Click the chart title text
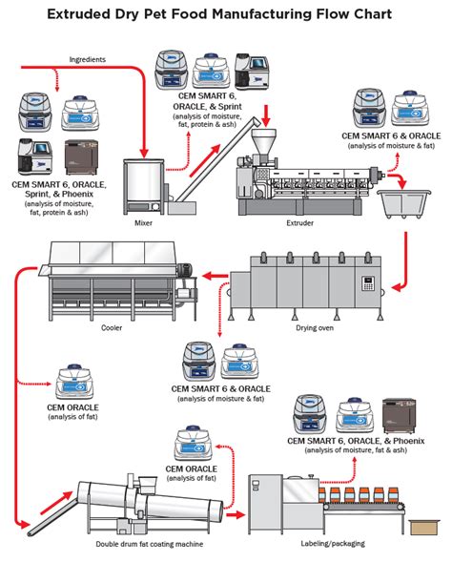coord(226,16)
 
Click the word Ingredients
coord(87,59)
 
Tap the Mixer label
coord(143,222)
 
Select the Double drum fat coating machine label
coord(149,546)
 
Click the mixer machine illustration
coord(144,187)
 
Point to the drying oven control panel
coord(368,284)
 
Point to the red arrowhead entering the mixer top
coord(144,153)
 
